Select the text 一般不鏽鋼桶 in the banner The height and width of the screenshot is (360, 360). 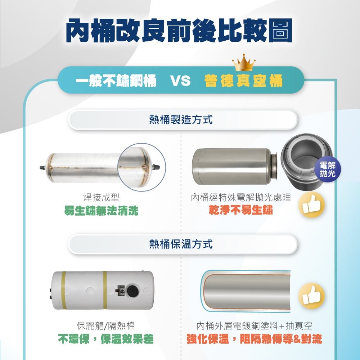(116, 81)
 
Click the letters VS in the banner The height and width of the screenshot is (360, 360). (180, 81)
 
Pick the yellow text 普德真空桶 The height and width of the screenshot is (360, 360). (243, 81)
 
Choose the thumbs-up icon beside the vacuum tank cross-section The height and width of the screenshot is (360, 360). (311, 296)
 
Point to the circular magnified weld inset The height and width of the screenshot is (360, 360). (141, 167)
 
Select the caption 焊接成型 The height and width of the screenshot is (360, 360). (101, 197)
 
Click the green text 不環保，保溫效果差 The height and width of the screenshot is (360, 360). (106, 339)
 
